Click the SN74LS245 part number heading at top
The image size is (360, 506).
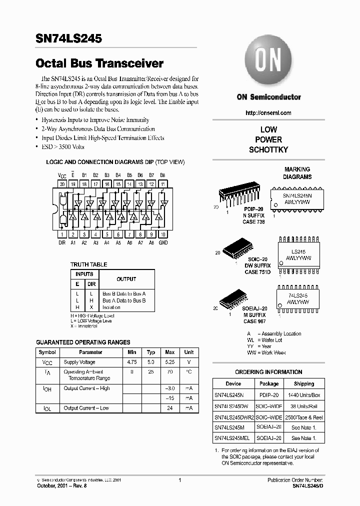(x=69, y=38)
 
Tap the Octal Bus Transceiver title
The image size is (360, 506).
(x=100, y=63)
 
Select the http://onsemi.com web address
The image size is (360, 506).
(x=268, y=113)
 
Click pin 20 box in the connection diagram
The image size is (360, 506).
(x=62, y=184)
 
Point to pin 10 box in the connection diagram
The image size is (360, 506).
(x=162, y=234)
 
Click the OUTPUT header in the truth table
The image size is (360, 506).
(x=126, y=279)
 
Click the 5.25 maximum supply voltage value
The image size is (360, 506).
(x=170, y=361)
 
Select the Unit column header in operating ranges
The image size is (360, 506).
(x=189, y=352)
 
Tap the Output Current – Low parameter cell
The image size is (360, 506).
(x=86, y=408)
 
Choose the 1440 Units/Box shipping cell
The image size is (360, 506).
(x=303, y=394)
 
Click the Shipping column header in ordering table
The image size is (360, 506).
(x=303, y=384)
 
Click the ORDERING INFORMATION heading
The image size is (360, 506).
(x=268, y=372)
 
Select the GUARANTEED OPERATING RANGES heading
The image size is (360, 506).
(x=83, y=342)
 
